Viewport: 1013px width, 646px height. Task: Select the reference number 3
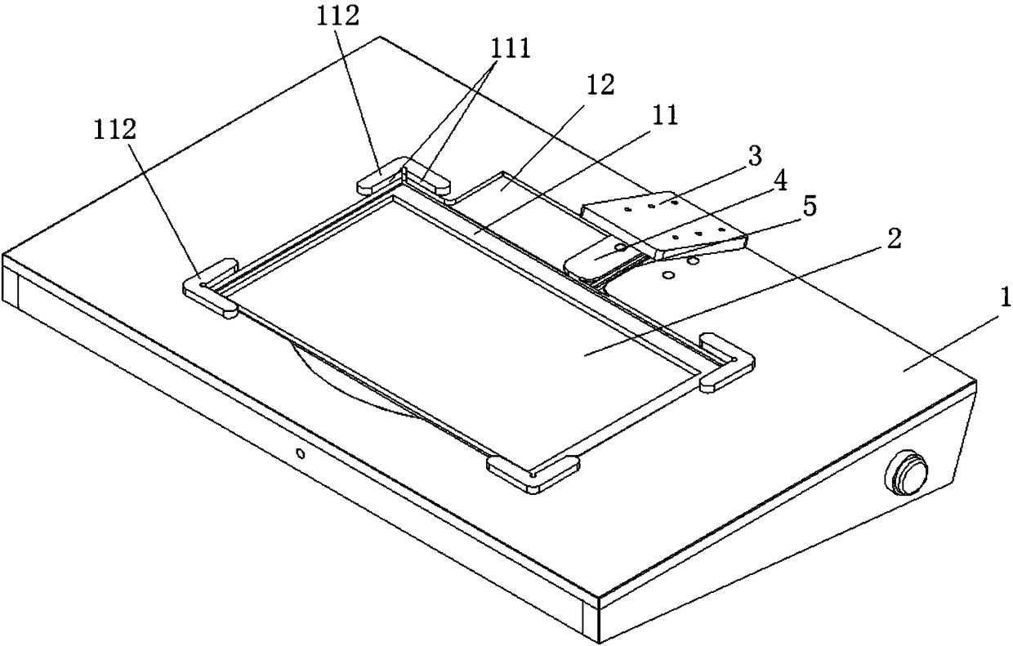tap(753, 153)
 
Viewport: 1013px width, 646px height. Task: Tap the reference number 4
tap(780, 180)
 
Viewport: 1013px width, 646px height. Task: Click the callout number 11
tap(667, 116)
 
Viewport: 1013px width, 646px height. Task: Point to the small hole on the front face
tap(301, 452)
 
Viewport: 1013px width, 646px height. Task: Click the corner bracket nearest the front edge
tap(533, 473)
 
